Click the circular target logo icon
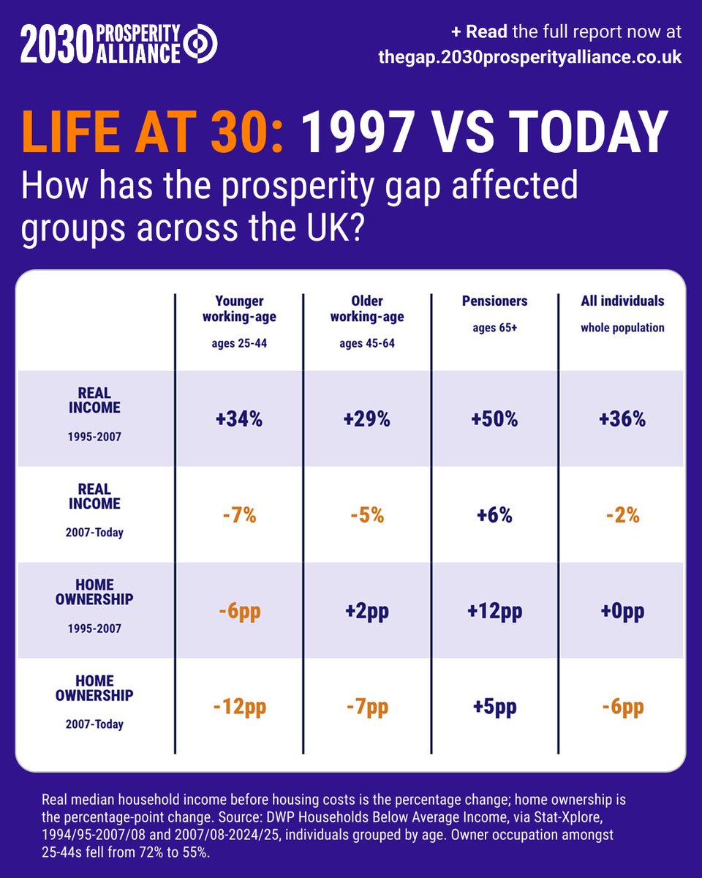click(x=200, y=44)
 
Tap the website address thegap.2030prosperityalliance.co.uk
click(x=530, y=57)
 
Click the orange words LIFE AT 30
click(x=153, y=132)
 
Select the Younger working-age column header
click(x=239, y=309)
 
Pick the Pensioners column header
click(x=494, y=301)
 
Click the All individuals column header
click(x=622, y=301)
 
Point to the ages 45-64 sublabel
click(x=367, y=343)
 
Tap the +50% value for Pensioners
click(x=494, y=419)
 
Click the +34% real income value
click(x=239, y=419)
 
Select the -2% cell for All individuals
click(x=623, y=515)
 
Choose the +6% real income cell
click(x=494, y=515)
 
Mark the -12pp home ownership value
click(x=240, y=708)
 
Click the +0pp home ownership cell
click(x=622, y=612)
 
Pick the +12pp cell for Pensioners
click(x=495, y=612)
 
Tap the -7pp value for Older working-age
click(x=368, y=708)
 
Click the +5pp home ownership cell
click(x=495, y=708)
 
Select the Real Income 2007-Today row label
click(x=94, y=510)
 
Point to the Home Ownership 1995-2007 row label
click(x=94, y=606)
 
